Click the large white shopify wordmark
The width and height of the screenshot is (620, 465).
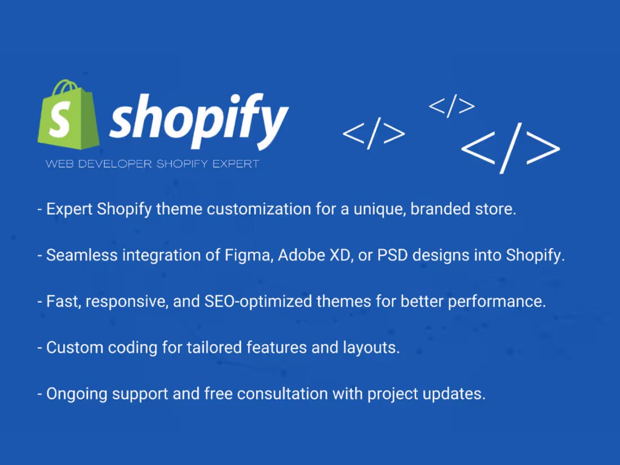[x=198, y=119]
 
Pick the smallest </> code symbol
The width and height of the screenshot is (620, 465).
[x=452, y=106]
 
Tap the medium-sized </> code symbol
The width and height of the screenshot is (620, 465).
[x=374, y=133]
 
